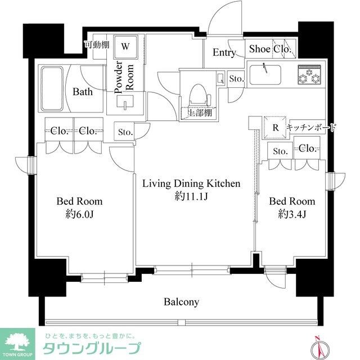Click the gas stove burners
pos(308,76)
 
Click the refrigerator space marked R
pos(275,127)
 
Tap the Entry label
pos(223,52)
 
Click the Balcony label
pos(181,302)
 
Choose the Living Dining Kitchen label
pos(191,183)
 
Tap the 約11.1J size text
pos(191,196)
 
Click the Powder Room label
pos(123,78)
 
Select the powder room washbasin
pos(124,102)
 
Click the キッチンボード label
pos(311,128)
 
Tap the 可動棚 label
pos(96,44)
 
